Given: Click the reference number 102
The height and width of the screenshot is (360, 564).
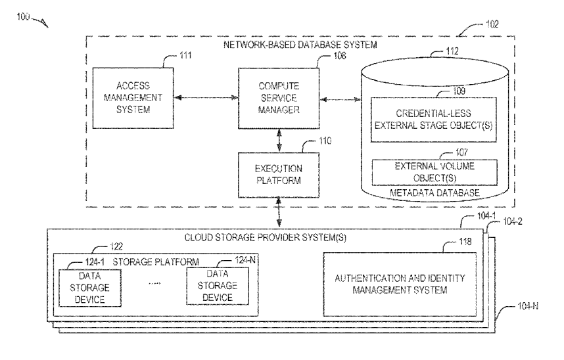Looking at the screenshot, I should pyautogui.click(x=491, y=24).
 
